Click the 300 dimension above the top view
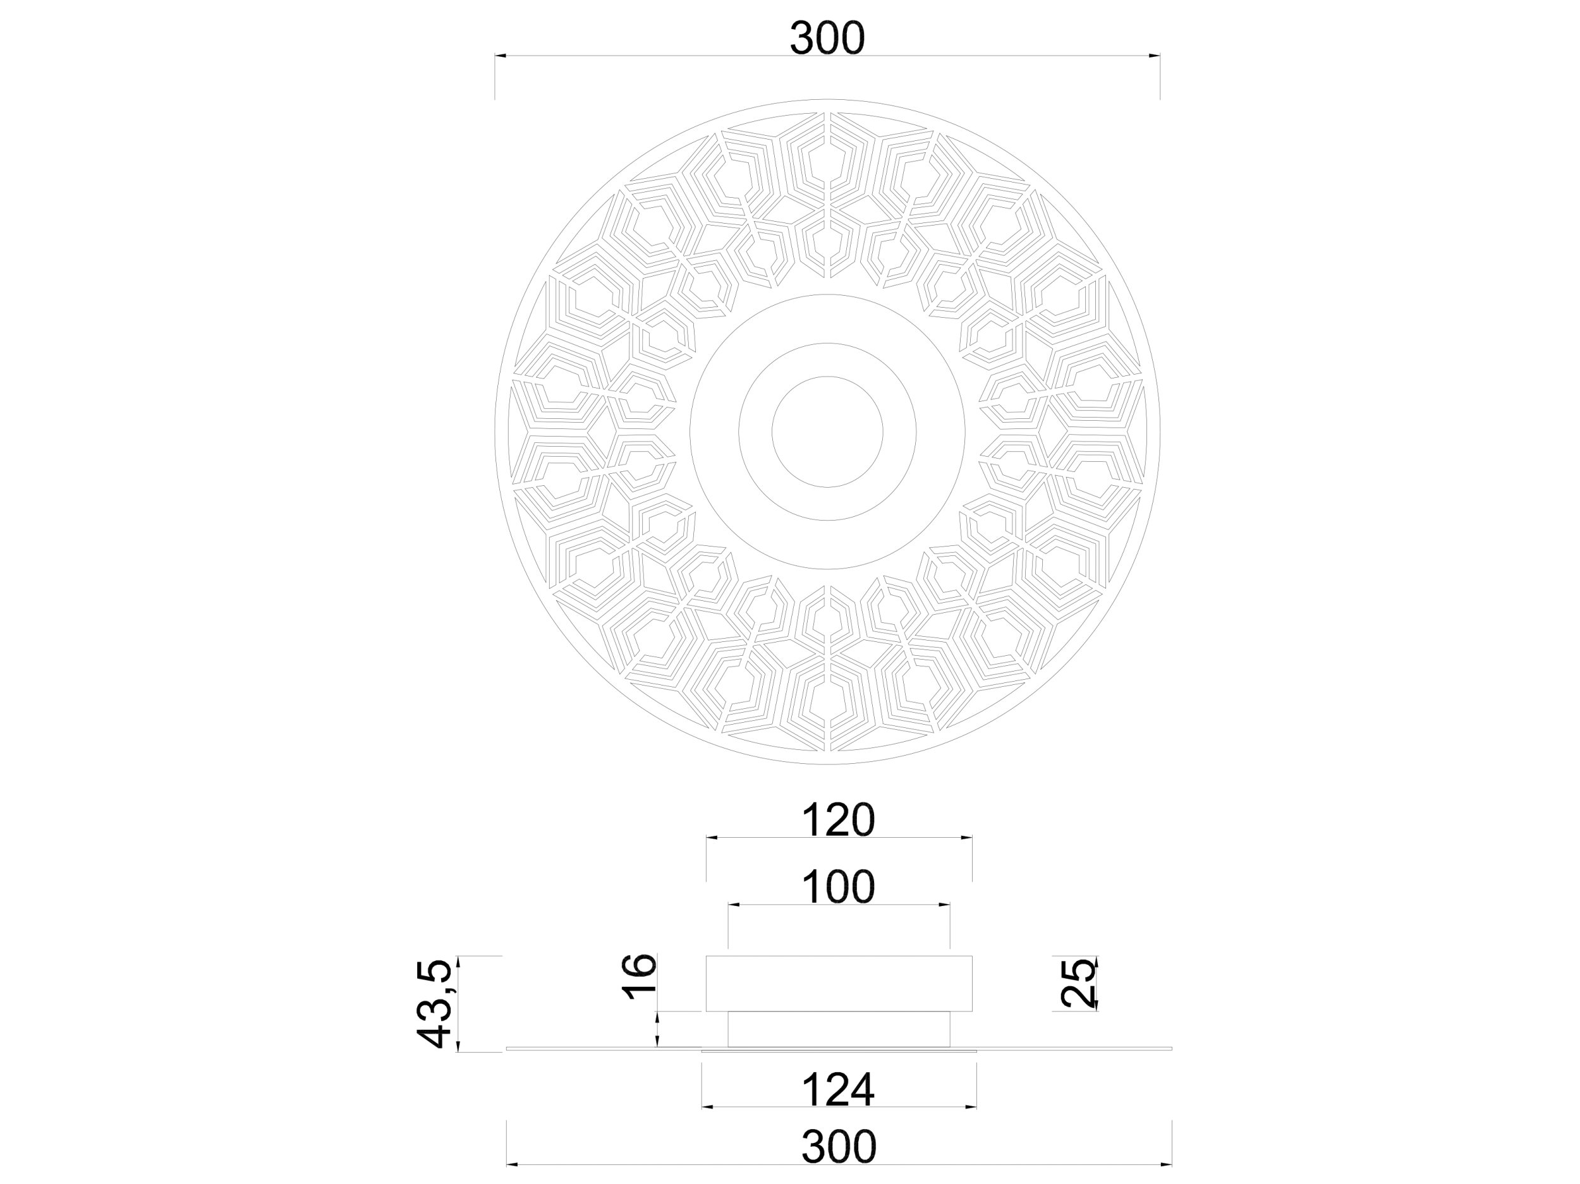(827, 39)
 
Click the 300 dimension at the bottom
(839, 1147)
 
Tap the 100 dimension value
(839, 887)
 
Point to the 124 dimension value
(839, 1090)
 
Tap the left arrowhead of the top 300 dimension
(501, 55)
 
